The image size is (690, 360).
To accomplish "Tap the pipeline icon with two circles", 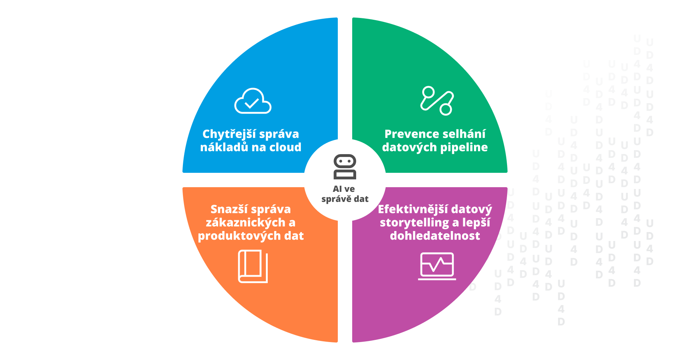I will [x=437, y=101].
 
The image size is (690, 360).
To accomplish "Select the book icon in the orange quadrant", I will [x=253, y=267].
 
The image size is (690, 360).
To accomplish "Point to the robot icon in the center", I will [x=345, y=167].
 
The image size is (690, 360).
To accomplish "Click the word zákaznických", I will [x=245, y=223].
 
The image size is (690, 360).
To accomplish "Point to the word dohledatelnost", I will [x=435, y=236].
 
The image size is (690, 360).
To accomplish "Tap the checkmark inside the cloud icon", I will [x=252, y=103].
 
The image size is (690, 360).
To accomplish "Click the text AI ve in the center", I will [x=344, y=189].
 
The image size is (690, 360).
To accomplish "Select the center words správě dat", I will [x=345, y=199].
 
